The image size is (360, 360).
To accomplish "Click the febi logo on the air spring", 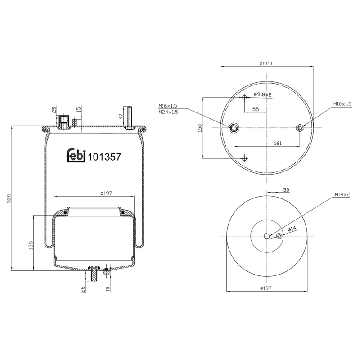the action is (x=76, y=155).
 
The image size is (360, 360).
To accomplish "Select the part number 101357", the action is (x=104, y=157).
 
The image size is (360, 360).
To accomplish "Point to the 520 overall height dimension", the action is (x=9, y=198).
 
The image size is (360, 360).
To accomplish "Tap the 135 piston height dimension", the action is (x=31, y=245).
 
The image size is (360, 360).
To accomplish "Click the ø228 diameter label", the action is (x=266, y=63).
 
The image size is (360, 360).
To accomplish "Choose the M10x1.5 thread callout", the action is (x=342, y=104).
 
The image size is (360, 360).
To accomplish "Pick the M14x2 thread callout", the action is (x=342, y=195).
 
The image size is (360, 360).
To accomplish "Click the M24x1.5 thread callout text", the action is (x=168, y=112).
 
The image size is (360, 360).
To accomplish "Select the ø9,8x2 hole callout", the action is (x=263, y=94).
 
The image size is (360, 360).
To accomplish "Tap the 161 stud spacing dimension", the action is (x=278, y=143).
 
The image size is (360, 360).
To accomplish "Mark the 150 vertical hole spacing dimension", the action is (x=200, y=128).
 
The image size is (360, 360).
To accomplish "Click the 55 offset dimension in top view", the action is (x=256, y=109).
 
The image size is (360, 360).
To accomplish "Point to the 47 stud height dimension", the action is (x=121, y=116).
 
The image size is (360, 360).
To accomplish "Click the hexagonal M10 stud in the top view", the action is (x=300, y=128).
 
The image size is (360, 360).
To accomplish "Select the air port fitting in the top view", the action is (x=234, y=128).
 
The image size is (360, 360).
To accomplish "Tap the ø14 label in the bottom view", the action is (x=292, y=229).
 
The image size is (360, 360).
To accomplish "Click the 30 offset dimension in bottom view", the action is (x=286, y=190).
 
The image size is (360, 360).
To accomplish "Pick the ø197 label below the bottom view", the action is (x=266, y=288).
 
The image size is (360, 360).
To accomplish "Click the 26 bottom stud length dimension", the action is (x=83, y=289).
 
